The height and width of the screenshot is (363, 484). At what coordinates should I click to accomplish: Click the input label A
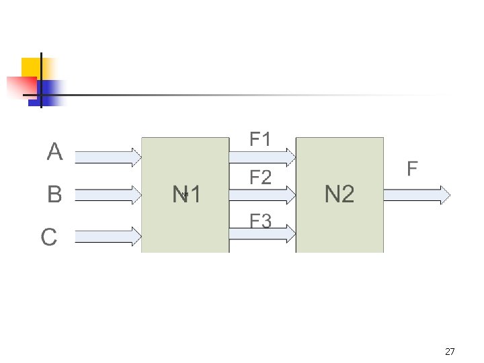[54, 152]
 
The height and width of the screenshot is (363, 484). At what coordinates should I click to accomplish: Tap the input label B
[54, 195]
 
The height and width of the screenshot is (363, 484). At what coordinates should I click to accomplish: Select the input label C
[49, 237]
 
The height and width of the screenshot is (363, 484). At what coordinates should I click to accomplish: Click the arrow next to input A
[108, 157]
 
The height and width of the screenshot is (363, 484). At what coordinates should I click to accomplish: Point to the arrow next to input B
[108, 196]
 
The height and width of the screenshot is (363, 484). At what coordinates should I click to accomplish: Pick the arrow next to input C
[108, 235]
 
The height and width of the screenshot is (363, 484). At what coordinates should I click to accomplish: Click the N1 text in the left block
[186, 195]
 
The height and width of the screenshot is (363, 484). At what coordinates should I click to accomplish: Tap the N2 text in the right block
[339, 195]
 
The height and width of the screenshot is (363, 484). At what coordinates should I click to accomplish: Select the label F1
[260, 140]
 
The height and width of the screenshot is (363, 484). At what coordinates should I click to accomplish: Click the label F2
[260, 178]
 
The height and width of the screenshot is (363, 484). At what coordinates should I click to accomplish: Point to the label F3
[260, 220]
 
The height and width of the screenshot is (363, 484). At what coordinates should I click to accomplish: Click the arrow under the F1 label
[262, 157]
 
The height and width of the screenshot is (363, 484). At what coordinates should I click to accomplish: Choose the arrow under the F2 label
[262, 195]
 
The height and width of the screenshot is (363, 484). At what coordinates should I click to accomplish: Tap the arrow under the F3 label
[262, 233]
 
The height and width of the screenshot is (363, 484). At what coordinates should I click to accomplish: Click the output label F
[412, 169]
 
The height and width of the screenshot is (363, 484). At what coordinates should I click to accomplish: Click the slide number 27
[450, 352]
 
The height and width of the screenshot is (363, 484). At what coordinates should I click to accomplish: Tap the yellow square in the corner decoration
[32, 67]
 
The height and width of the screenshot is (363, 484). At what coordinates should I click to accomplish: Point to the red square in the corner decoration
[20, 87]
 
